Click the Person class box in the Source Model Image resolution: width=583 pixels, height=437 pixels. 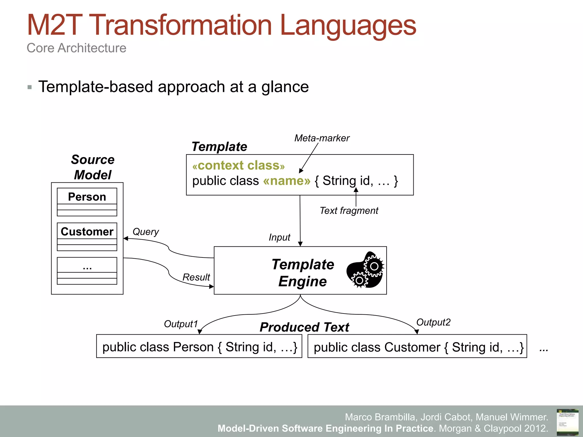point(87,202)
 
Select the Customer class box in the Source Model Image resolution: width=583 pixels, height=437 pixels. point(87,236)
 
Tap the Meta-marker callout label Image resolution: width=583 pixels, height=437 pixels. point(322,138)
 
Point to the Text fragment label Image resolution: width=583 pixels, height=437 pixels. point(349,211)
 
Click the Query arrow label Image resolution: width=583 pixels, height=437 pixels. point(145,232)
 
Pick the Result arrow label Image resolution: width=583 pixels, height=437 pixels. point(196,277)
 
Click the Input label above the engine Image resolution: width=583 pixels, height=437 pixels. point(279,238)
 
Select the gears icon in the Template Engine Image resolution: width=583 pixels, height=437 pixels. point(366,270)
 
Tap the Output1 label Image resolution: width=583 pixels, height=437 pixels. point(181,324)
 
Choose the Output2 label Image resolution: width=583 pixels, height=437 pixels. point(433,322)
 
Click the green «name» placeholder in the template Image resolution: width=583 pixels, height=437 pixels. point(287,181)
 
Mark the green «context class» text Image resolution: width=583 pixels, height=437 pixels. point(239,166)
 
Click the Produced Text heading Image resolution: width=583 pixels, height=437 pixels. point(304,327)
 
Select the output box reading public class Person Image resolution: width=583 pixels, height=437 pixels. point(199,346)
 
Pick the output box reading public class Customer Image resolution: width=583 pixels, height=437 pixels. point(417,347)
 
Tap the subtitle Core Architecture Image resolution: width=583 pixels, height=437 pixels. point(76,48)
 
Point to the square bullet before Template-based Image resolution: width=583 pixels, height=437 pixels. point(30,87)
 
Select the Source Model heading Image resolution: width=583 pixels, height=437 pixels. point(93,167)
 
